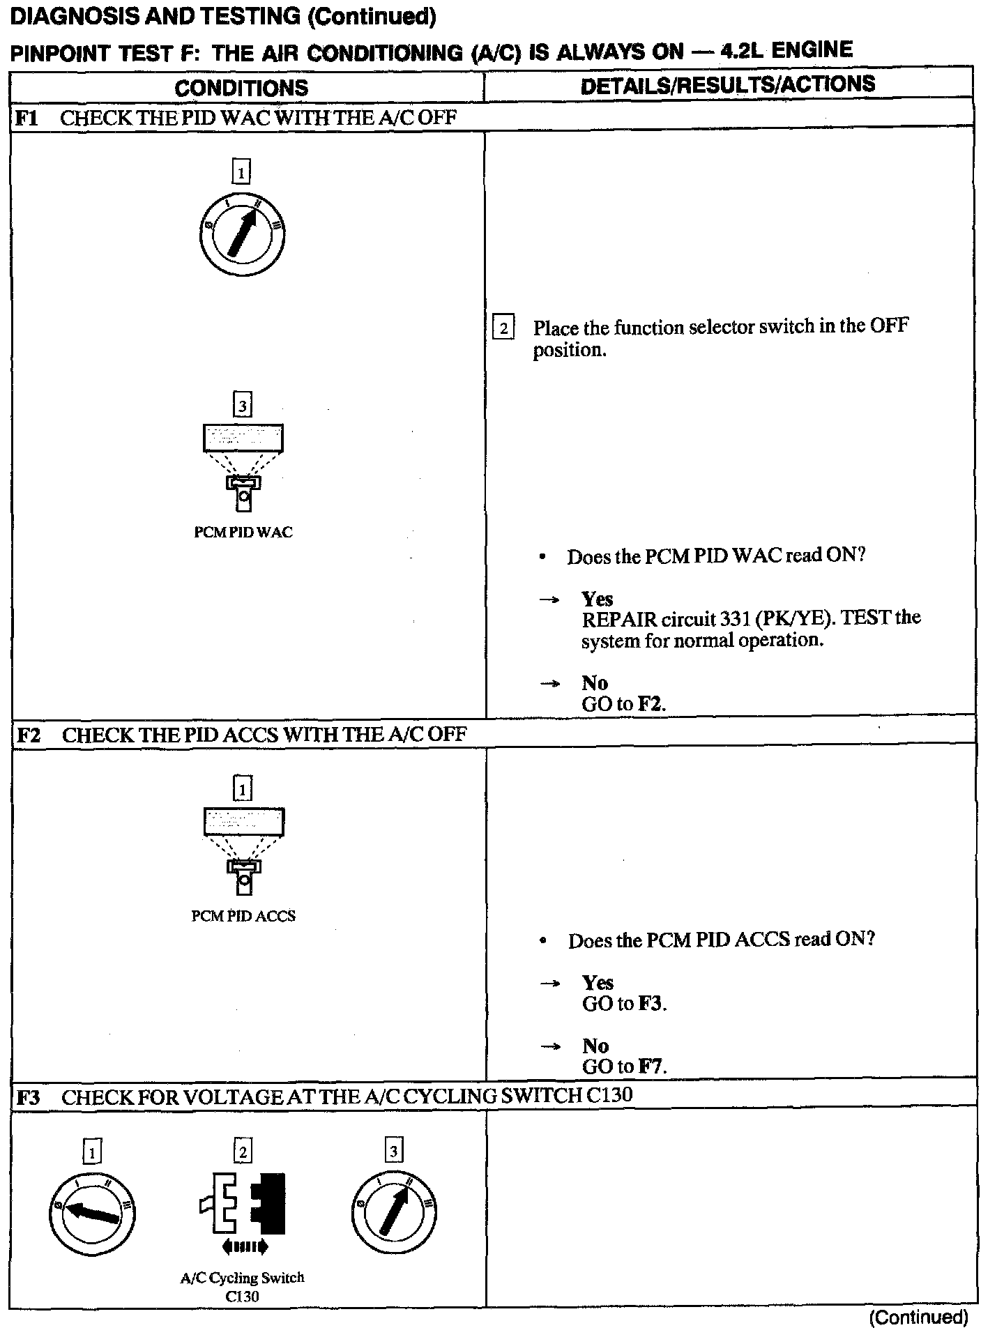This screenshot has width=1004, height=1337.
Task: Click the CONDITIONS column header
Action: click(x=241, y=88)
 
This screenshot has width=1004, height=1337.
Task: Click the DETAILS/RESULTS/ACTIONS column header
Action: click(x=727, y=85)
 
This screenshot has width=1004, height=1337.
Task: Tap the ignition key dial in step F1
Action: click(x=241, y=234)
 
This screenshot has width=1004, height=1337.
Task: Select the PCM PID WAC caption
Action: click(x=243, y=533)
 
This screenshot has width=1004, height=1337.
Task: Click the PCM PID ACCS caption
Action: click(x=243, y=916)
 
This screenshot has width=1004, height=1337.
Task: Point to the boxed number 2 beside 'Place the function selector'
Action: click(x=503, y=327)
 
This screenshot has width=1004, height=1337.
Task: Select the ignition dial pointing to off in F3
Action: click(x=92, y=1214)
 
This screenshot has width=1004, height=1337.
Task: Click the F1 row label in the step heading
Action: click(x=26, y=118)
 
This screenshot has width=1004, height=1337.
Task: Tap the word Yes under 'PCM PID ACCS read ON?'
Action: click(x=598, y=983)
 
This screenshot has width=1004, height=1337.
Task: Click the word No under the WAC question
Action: click(x=595, y=683)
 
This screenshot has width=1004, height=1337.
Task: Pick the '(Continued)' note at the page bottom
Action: click(x=918, y=1317)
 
